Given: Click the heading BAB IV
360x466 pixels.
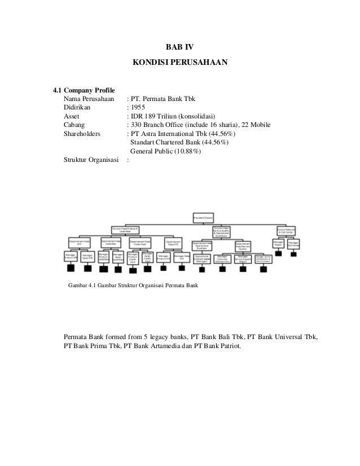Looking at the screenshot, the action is pyautogui.click(x=180, y=46).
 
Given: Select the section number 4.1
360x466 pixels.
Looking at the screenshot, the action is pyautogui.click(x=56, y=90).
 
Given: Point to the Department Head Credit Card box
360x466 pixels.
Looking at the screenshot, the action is pyautogui.click(x=139, y=241).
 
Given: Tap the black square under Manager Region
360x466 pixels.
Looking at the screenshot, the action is pyautogui.click(x=278, y=254).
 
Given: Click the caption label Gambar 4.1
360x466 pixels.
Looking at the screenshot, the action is pyautogui.click(x=85, y=285).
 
